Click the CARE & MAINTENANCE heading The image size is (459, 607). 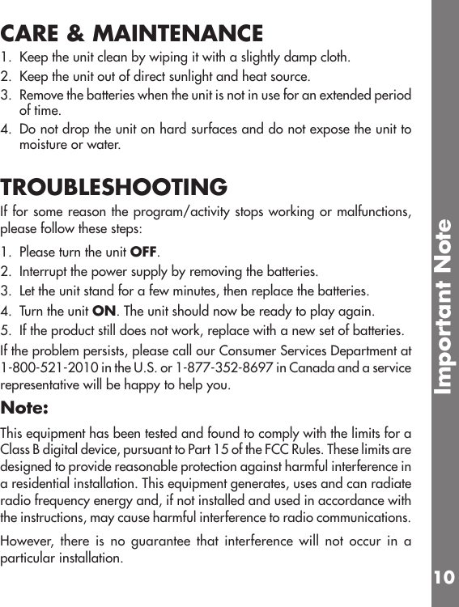[132, 34]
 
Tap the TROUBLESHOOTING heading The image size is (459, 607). [114, 188]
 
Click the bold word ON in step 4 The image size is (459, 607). [103, 311]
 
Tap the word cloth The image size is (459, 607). [334, 58]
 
